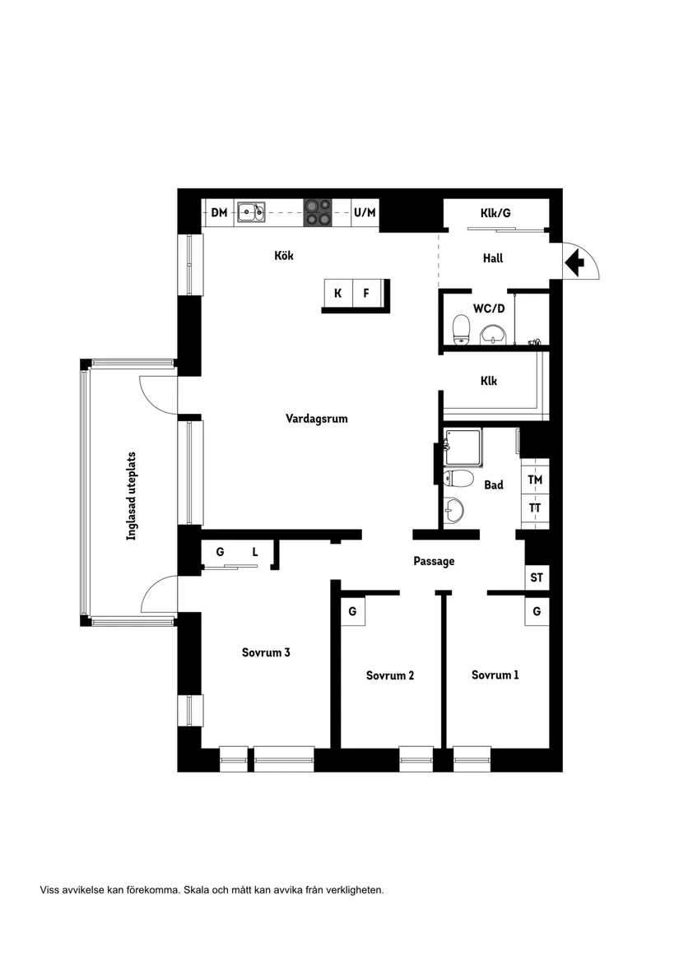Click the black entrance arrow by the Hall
coord(574,263)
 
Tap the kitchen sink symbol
coord(251,212)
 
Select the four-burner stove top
coord(318,212)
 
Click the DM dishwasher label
coord(219,212)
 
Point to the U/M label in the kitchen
coord(365,212)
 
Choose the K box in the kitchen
coord(337,294)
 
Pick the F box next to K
coord(366,294)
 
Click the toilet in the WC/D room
coord(461,329)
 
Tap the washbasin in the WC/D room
coord(493,334)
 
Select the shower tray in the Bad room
coord(463,448)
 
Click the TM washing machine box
coord(535,480)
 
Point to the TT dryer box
coord(535,508)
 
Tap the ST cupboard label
coord(537,577)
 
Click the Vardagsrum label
coord(316,419)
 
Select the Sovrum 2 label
coord(390,675)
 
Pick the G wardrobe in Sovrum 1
coord(537,612)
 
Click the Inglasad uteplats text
coord(131,496)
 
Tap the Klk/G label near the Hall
coord(495,213)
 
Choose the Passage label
coord(434,561)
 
